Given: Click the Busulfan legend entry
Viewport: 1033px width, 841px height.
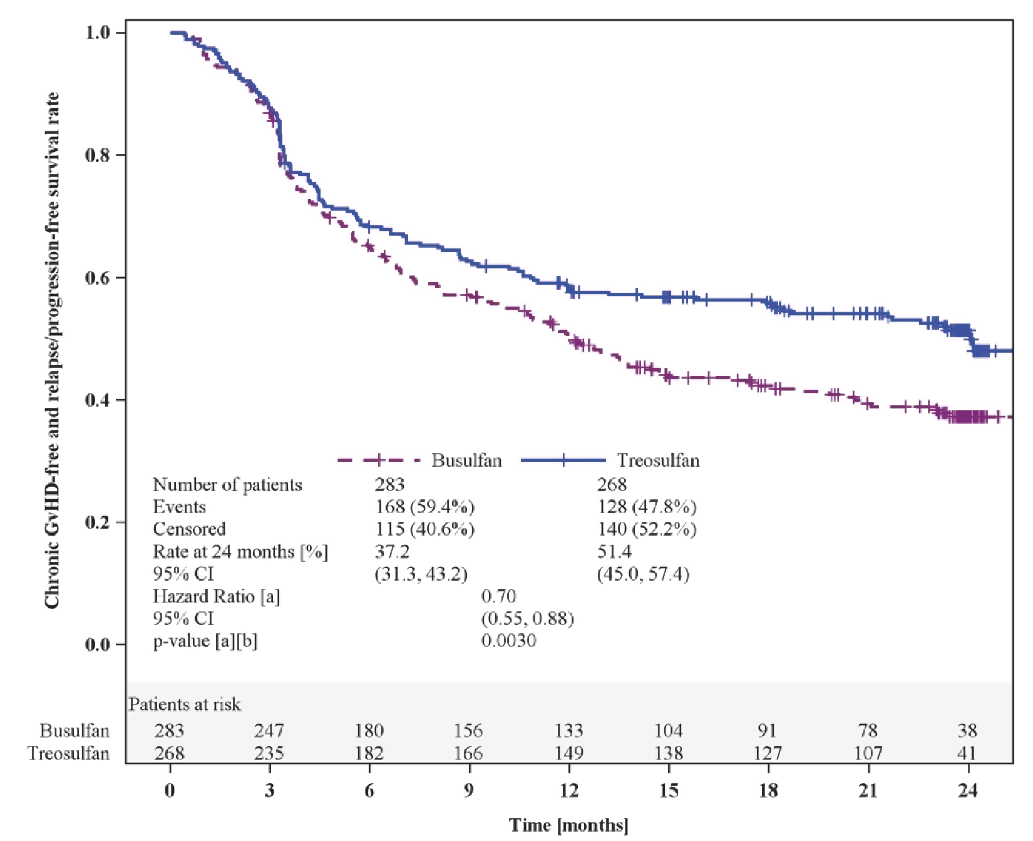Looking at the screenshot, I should tap(466, 461).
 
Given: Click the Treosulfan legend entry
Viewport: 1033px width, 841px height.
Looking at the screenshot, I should tap(657, 461).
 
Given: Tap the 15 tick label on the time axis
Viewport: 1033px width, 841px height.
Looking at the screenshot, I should tap(669, 791).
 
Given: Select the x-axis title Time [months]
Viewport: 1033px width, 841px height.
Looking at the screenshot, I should tap(568, 825).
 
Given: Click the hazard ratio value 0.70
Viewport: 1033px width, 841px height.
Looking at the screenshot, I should tap(498, 596).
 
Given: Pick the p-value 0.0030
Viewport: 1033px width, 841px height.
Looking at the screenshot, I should tap(508, 641).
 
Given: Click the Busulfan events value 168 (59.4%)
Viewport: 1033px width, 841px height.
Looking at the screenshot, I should tap(424, 507).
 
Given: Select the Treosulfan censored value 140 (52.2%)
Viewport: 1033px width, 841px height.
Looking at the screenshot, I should tap(647, 529).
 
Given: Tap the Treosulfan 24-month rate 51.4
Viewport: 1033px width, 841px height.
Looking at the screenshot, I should tap(614, 552).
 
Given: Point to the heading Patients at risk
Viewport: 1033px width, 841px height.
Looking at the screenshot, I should tap(185, 705).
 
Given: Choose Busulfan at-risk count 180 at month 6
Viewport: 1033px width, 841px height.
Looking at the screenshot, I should tap(369, 731).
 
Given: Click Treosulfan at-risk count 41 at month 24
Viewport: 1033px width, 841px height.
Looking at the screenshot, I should tap(967, 753).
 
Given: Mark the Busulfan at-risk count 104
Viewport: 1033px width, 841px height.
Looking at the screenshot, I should tap(669, 731).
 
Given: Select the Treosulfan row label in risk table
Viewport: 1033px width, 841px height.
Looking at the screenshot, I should tap(69, 753).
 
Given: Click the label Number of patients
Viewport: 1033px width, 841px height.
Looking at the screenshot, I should tap(227, 485).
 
